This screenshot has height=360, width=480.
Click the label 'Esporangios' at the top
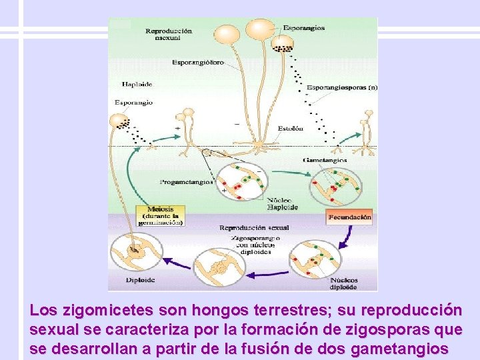pyautogui.click(x=303, y=28)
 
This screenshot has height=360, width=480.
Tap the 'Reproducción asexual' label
pyautogui.click(x=169, y=34)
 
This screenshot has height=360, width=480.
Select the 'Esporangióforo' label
pyautogui.click(x=198, y=63)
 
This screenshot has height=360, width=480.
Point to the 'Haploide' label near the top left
pyautogui.click(x=138, y=85)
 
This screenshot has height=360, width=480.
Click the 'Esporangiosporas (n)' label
pyautogui.click(x=342, y=88)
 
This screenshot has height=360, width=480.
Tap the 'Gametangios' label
pyautogui.click(x=324, y=160)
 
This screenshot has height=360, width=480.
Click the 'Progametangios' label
pyautogui.click(x=187, y=181)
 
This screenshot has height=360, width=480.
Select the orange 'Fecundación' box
pyautogui.click(x=349, y=217)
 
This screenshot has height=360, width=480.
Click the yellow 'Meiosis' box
pyautogui.click(x=160, y=216)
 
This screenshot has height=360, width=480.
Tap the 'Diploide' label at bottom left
pyautogui.click(x=141, y=280)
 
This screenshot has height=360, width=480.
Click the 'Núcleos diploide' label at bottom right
pyautogui.click(x=343, y=283)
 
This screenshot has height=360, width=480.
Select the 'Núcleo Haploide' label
pyautogui.click(x=282, y=203)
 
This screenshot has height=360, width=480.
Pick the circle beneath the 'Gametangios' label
pyautogui.click(x=335, y=187)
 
